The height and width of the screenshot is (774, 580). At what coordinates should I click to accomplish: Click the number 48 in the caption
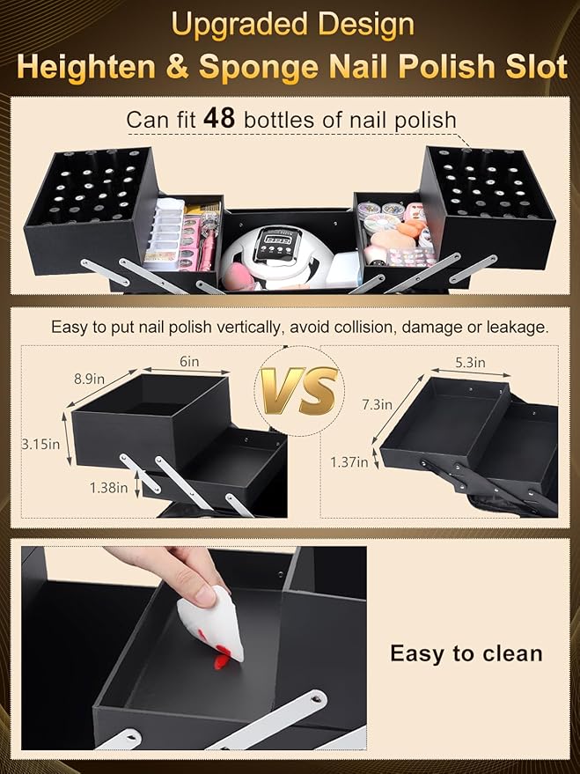(220, 118)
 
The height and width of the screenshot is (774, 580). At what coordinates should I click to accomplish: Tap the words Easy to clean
(466, 653)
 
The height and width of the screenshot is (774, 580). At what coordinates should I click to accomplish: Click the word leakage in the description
(518, 327)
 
